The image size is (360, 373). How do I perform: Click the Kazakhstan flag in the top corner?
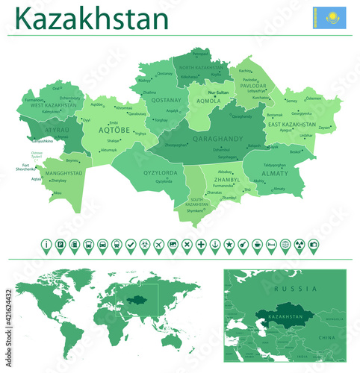tap(329, 17)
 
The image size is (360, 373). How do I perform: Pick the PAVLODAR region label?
tap(252, 86)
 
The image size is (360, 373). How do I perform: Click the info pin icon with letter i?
tap(47, 244)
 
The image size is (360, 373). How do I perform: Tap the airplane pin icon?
tap(158, 244)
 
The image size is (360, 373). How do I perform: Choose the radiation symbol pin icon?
tap(299, 244)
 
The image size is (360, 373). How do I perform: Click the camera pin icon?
tap(313, 244)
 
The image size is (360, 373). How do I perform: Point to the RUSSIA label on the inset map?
tap(289, 288)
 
